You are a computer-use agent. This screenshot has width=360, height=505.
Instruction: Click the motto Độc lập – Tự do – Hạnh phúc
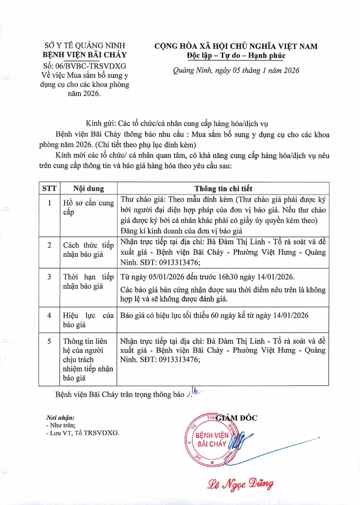[x=236, y=55]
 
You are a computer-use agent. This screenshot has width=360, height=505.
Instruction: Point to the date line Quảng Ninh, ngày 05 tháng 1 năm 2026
[x=236, y=71]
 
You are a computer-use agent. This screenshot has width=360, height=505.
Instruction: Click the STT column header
[x=49, y=189]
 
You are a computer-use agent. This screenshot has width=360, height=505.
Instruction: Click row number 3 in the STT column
[x=49, y=276]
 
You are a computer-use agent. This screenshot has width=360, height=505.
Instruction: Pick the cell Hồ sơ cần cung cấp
[x=88, y=208]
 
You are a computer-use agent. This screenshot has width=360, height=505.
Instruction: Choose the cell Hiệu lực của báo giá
[x=88, y=321]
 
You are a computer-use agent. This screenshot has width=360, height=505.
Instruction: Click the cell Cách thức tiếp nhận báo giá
[x=88, y=250]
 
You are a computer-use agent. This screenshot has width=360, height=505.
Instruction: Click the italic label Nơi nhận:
[x=60, y=418]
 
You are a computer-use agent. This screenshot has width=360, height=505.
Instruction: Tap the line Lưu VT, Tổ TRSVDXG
[x=83, y=433]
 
